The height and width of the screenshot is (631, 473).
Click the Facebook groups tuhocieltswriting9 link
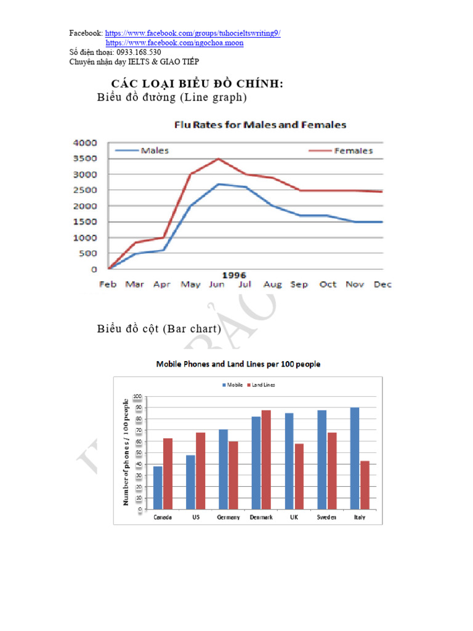click(x=193, y=33)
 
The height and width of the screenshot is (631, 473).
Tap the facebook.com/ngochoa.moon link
click(x=174, y=43)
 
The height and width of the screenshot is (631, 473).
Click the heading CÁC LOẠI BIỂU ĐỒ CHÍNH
click(x=197, y=84)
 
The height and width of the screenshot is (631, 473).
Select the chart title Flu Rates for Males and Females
click(x=260, y=125)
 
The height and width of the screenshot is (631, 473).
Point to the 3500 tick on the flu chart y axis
click(x=85, y=158)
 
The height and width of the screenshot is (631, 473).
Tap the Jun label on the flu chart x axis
click(x=217, y=285)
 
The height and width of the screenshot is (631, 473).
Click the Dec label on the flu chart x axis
click(x=382, y=285)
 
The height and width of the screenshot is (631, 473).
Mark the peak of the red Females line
click(x=217, y=159)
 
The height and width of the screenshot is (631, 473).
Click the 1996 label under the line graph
click(x=233, y=275)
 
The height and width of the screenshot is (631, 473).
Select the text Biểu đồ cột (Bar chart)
click(x=159, y=329)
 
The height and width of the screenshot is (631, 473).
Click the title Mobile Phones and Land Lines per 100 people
click(x=238, y=364)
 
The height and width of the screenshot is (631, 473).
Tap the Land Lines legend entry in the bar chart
click(x=261, y=385)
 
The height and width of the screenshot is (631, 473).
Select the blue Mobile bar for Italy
click(x=354, y=458)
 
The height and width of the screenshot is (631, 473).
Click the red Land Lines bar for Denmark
click(x=265, y=460)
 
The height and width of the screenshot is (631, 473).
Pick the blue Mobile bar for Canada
click(x=158, y=487)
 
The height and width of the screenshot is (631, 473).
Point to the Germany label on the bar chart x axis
click(x=228, y=518)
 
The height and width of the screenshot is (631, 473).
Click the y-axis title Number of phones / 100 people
click(x=126, y=453)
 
